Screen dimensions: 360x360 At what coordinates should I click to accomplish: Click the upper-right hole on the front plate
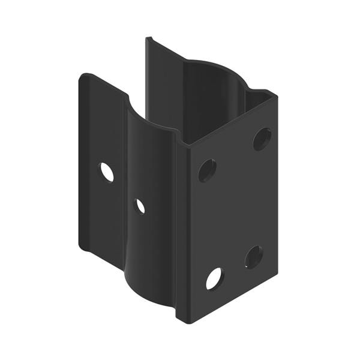[262, 139]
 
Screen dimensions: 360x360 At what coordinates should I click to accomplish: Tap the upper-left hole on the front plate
[207, 170]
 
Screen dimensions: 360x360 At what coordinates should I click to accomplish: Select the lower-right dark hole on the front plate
[254, 257]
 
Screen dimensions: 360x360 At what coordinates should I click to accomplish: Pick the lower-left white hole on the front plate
[214, 279]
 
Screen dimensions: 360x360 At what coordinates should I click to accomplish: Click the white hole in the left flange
[106, 172]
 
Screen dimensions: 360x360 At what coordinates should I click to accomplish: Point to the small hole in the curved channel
[140, 206]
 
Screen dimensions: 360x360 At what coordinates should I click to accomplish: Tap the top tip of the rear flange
[148, 39]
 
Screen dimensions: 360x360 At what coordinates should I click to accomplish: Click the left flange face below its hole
[102, 216]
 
